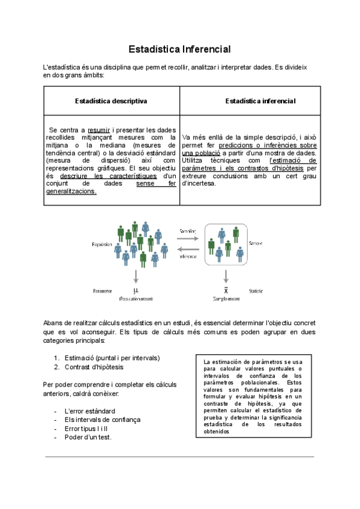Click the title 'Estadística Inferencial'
[180, 49]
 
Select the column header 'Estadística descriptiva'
[112, 101]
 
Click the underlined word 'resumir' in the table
[98, 129]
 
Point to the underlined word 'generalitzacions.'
[71, 191]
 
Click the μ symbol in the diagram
[136, 290]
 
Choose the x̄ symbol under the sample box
[226, 290]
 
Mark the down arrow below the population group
[136, 276]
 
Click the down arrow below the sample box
[226, 276]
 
